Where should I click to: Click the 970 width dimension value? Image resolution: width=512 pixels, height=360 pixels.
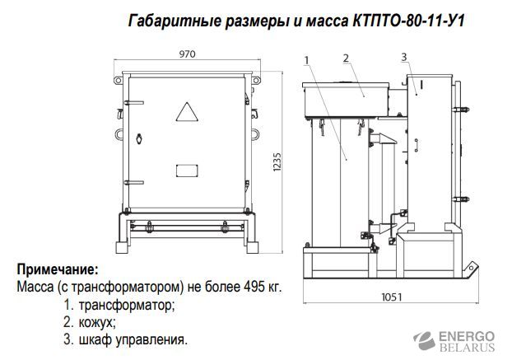pos(189,54)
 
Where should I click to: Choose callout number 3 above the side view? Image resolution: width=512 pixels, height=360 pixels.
pos(404,56)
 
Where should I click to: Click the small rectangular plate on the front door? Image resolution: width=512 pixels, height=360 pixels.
pos(188,171)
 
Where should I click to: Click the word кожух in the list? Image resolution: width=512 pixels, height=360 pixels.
pos(96,321)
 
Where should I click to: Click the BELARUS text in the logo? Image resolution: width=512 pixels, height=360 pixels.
pos(467,348)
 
